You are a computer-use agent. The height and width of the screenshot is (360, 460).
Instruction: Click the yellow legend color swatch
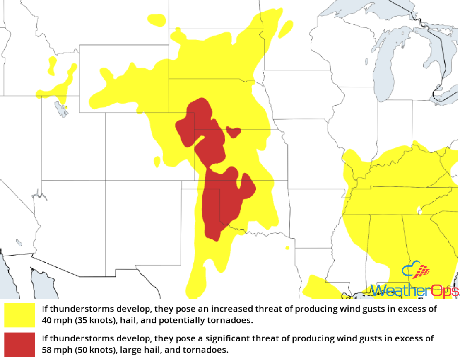click(x=19, y=315)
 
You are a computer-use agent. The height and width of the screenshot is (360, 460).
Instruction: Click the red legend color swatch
click(x=19, y=344)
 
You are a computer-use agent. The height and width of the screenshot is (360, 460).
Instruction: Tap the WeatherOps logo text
click(x=414, y=290)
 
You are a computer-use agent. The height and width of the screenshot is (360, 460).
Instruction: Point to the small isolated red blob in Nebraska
click(x=233, y=132)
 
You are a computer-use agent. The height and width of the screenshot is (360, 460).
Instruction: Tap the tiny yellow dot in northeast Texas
click(x=287, y=248)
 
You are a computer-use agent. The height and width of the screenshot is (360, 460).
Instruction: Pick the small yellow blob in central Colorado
click(x=157, y=161)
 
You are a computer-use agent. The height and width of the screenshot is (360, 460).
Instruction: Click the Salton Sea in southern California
click(x=19, y=242)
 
